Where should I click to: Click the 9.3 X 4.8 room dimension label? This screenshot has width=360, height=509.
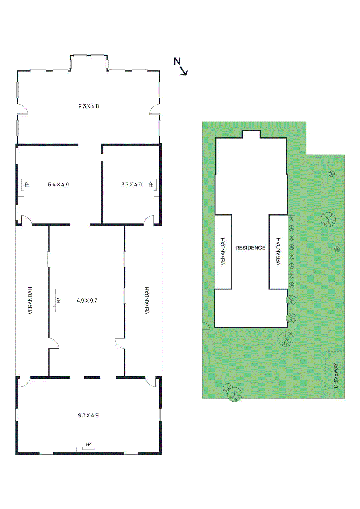pos(88,106)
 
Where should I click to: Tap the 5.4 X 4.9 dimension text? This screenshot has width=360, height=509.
pos(58,185)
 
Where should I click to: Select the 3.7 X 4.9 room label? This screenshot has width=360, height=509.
pos(131,185)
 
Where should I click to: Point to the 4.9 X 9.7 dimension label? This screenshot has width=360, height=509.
pos(87,301)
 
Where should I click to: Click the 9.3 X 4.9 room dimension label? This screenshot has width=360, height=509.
pos(88,415)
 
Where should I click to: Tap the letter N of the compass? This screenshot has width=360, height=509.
pos(177,61)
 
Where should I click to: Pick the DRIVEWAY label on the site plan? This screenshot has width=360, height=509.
pos(335,375)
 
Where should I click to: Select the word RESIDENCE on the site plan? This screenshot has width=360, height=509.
pos(250,248)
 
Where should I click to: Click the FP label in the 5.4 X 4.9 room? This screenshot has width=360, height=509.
pos(27,185)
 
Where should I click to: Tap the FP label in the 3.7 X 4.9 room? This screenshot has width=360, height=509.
pos(151,185)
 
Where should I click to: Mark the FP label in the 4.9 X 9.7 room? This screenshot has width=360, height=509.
pos(58,301)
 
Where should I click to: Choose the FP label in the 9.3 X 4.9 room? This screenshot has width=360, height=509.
pos(88,444)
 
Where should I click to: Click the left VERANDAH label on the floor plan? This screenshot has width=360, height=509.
pos(30,301)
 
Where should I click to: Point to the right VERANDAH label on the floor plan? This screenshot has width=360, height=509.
pos(147,301)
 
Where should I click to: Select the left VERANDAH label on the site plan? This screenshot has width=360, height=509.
pos(223,251)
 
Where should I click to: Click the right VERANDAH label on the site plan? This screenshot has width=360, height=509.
pos(279,251)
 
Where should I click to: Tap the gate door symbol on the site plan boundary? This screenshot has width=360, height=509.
pos(206,326)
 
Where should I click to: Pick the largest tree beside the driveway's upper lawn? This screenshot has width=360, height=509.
pos(328,219)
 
